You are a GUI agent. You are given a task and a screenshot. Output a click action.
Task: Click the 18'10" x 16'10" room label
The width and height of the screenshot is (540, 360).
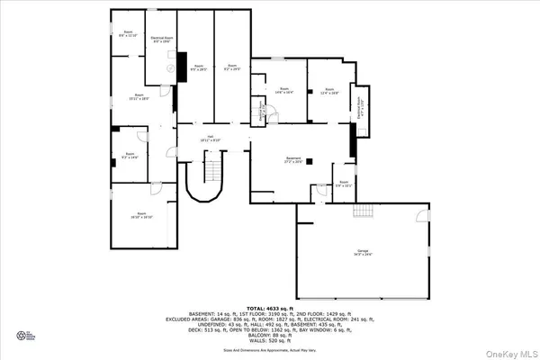[x=140, y=216]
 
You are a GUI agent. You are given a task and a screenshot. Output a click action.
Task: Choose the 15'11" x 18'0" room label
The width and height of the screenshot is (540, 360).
[x=139, y=96]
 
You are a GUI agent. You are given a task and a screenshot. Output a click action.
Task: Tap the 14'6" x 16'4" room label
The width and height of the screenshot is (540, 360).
[x=283, y=91]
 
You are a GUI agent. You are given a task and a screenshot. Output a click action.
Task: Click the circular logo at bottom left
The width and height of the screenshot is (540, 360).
[x=24, y=337]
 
